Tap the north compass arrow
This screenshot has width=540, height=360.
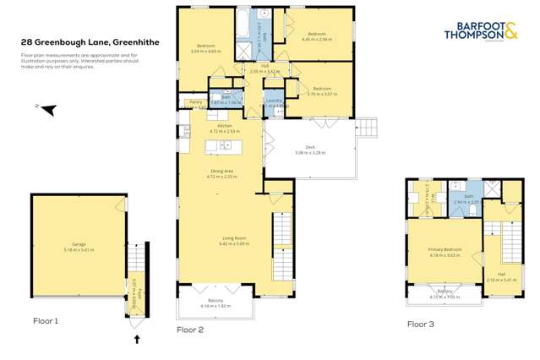pos(47,108)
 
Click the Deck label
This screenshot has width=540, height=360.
pos(310,149)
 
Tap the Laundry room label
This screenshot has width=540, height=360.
pos(273,103)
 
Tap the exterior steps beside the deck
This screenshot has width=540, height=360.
pos(367,127)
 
